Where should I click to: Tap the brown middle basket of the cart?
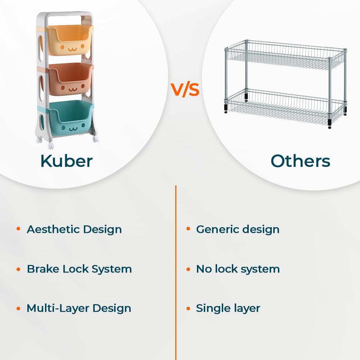click(70, 79)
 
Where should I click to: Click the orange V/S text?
click(185, 90)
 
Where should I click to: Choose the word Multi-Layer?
click(58, 309)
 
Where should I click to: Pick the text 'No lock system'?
click(238, 269)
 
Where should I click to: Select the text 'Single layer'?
click(228, 309)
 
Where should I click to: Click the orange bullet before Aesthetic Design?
click(19, 229)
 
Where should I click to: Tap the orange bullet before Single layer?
click(188, 309)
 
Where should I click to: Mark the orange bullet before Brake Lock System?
click(19, 269)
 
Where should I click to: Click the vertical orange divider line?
click(176, 273)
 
